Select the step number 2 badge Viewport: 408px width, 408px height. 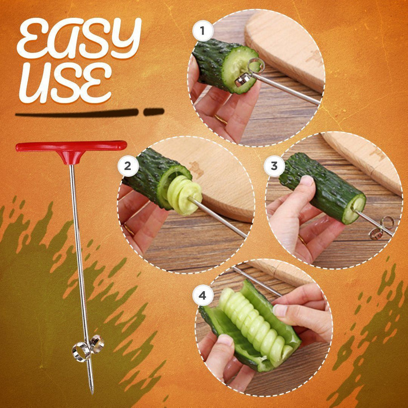click(128, 167)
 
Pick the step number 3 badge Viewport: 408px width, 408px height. click(274, 166)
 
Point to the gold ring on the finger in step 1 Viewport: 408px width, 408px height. click(221, 120)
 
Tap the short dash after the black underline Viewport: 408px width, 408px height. click(154, 112)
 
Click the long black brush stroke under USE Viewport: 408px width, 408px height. click(77, 113)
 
